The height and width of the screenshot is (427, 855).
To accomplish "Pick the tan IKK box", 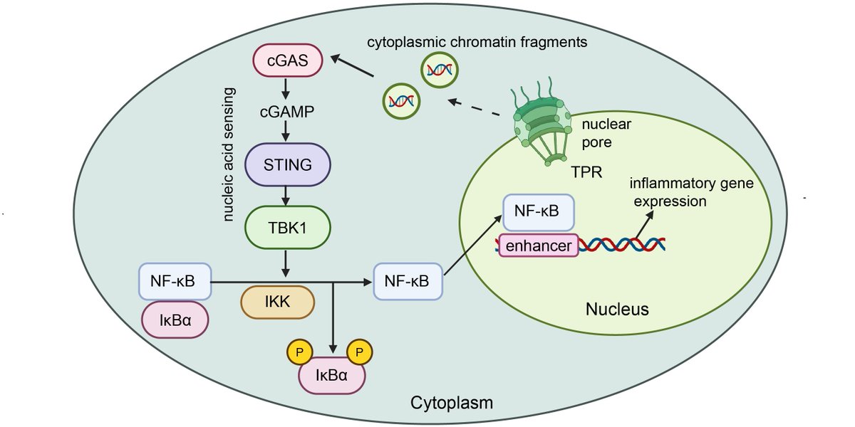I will pyautogui.click(x=278, y=301).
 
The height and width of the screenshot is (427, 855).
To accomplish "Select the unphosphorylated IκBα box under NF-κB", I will pyautogui.click(x=175, y=320).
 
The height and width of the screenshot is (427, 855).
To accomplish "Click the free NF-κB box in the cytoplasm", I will pyautogui.click(x=407, y=280).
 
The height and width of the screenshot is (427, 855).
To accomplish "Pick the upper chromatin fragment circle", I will pyautogui.click(x=437, y=70).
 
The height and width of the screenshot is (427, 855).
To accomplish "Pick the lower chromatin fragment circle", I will pyautogui.click(x=401, y=100).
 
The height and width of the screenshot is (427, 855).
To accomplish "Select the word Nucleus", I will pyautogui.click(x=616, y=310).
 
